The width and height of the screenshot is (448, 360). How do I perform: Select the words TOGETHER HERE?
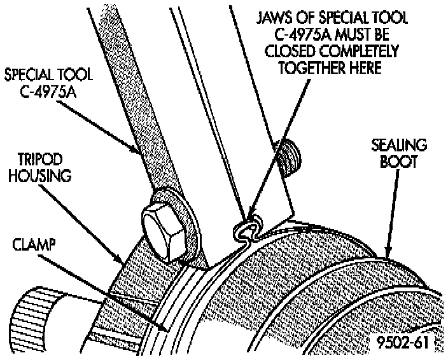click(x=327, y=66)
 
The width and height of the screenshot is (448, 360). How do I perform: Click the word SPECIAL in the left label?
click(x=28, y=75)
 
